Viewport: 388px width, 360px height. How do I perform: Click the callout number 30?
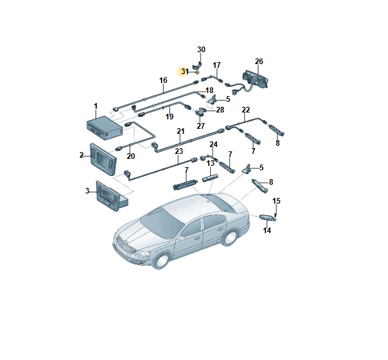pyautogui.click(x=201, y=50)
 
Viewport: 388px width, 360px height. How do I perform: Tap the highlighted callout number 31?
pyautogui.click(x=185, y=72)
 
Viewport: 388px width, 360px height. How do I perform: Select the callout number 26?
pyautogui.click(x=259, y=62)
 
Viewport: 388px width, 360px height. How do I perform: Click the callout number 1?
pyautogui.click(x=96, y=106)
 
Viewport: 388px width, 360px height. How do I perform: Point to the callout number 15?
pyautogui.click(x=277, y=201)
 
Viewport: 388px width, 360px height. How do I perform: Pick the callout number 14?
pyautogui.click(x=267, y=231)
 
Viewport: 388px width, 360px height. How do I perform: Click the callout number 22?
pyautogui.click(x=246, y=109)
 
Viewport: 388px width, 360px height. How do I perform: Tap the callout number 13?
pyautogui.click(x=210, y=163)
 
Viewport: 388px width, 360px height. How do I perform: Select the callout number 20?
pyautogui.click(x=131, y=156)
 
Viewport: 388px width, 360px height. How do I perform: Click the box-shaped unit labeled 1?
pyautogui.click(x=104, y=128)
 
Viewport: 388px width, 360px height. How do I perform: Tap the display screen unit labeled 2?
pyautogui.click(x=103, y=159)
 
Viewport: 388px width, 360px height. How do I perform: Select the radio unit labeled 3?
pyautogui.click(x=112, y=194)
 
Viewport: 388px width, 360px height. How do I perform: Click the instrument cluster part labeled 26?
pyautogui.click(x=255, y=80)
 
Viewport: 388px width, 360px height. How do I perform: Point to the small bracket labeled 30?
pyautogui.click(x=197, y=66)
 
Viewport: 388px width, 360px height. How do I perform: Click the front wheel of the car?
pyautogui.click(x=162, y=261)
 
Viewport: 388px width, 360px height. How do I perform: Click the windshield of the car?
pyautogui.click(x=162, y=222)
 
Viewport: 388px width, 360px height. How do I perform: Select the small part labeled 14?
pyautogui.click(x=266, y=217)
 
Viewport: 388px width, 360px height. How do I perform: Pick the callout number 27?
pyautogui.click(x=201, y=126)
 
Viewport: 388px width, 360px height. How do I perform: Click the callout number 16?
pyautogui.click(x=163, y=80)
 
